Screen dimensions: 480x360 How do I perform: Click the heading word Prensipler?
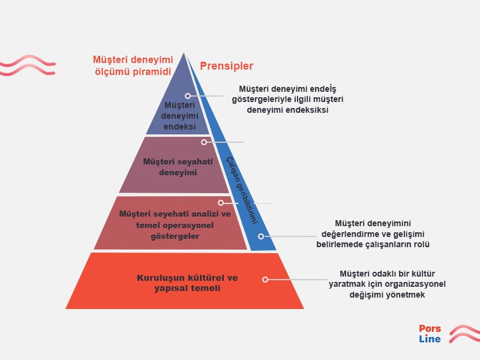point(227,66)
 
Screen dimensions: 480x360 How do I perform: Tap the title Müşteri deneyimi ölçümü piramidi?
point(133,65)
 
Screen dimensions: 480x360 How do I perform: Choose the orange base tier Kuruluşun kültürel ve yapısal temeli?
point(185,281)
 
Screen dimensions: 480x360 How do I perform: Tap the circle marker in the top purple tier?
point(188,96)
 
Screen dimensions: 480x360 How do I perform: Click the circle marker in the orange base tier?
point(265,280)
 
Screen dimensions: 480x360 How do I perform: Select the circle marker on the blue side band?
point(261,236)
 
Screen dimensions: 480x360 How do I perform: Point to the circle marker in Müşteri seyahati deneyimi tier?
point(204,142)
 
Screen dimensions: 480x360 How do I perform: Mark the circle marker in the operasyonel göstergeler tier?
point(221,203)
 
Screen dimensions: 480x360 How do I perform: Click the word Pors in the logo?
point(430,328)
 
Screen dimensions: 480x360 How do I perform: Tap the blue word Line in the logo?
point(430,339)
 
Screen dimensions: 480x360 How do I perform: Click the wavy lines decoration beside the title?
point(28,65)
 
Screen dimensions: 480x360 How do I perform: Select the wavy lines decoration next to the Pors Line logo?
point(464,334)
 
